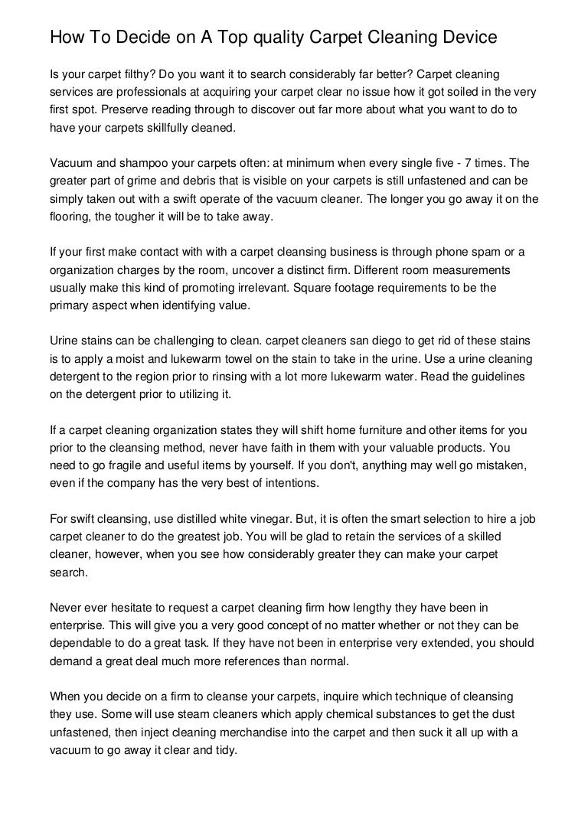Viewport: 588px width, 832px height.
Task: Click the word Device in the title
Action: point(459,37)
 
